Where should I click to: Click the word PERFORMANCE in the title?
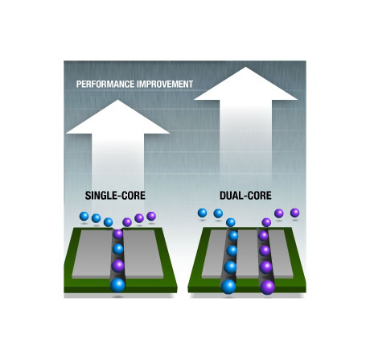(105, 85)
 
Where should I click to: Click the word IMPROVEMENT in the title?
(165, 85)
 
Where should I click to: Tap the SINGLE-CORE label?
(115, 196)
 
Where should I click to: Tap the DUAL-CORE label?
(245, 196)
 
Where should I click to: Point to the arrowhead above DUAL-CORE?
(245, 84)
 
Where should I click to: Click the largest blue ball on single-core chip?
(117, 285)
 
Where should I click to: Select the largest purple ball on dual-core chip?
(267, 287)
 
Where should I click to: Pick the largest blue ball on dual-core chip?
(228, 287)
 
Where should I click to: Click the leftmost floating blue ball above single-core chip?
(84, 216)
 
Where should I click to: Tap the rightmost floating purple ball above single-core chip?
(151, 216)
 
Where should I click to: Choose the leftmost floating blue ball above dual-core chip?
(202, 213)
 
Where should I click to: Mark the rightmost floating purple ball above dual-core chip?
(295, 213)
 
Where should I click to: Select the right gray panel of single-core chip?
(143, 254)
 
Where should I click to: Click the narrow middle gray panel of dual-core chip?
(248, 254)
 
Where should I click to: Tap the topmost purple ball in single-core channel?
(118, 234)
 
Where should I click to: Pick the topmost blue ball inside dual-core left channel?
(233, 236)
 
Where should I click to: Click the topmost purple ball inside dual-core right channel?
(263, 236)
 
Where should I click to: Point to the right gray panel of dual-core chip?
(282, 254)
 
